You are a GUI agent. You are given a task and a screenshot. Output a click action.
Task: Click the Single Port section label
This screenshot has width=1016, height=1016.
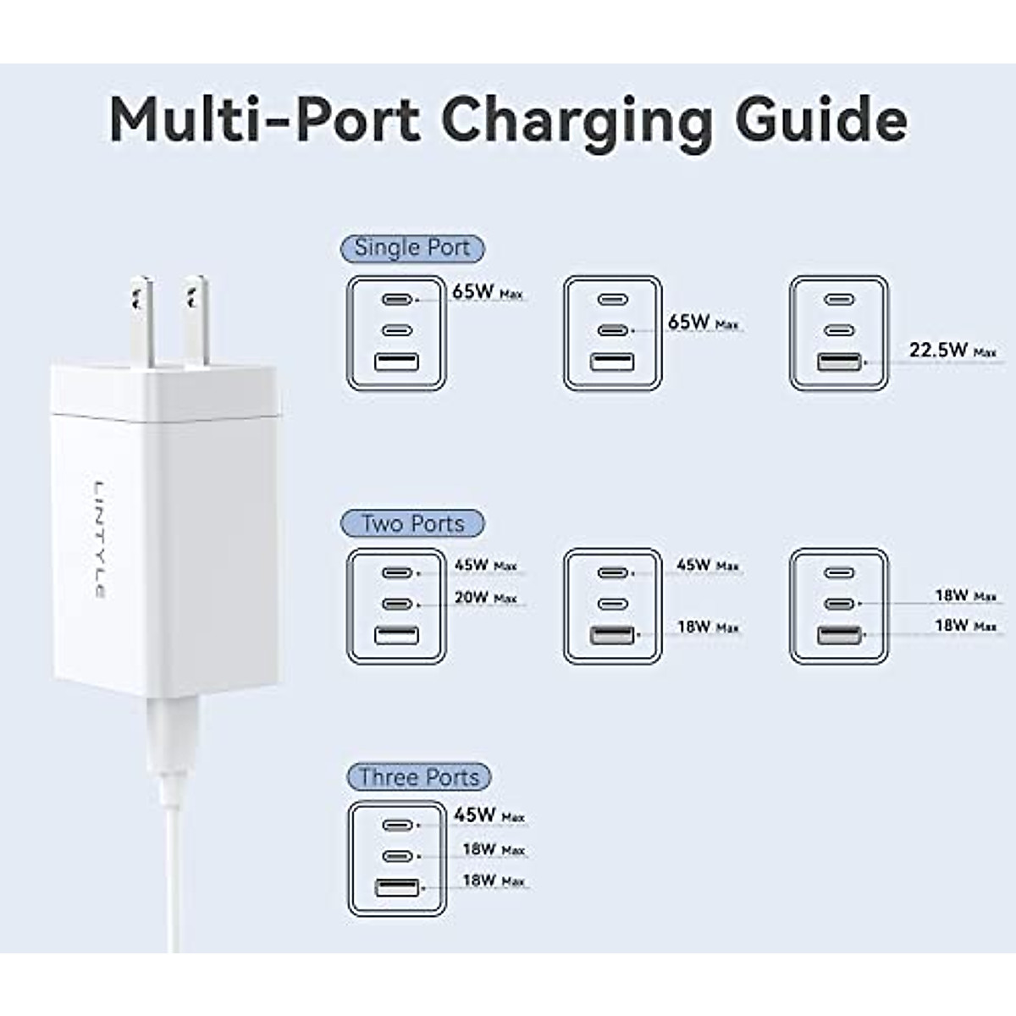[x=412, y=248]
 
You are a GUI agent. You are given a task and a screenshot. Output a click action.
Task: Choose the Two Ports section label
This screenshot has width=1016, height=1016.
[x=412, y=523]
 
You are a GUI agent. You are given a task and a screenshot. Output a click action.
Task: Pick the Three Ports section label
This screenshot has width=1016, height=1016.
[x=418, y=776]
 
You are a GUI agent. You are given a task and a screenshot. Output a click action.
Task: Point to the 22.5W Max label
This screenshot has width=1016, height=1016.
[x=952, y=350]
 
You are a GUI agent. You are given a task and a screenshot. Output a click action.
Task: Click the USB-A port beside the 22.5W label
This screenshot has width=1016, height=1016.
[x=839, y=362]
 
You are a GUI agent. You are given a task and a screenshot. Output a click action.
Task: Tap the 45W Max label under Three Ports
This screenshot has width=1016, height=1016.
[x=489, y=815]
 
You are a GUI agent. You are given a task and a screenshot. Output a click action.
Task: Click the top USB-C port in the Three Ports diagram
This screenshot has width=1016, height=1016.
[x=396, y=825]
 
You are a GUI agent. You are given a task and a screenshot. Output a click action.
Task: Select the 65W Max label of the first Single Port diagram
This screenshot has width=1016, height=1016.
[x=487, y=292]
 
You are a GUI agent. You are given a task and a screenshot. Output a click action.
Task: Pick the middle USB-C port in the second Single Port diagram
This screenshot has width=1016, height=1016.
[x=612, y=330]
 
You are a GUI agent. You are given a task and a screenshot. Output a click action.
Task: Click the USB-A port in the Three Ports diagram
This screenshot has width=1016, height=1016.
[x=396, y=887]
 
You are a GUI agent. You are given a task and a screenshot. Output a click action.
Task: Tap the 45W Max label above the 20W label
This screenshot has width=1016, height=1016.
[x=485, y=565]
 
